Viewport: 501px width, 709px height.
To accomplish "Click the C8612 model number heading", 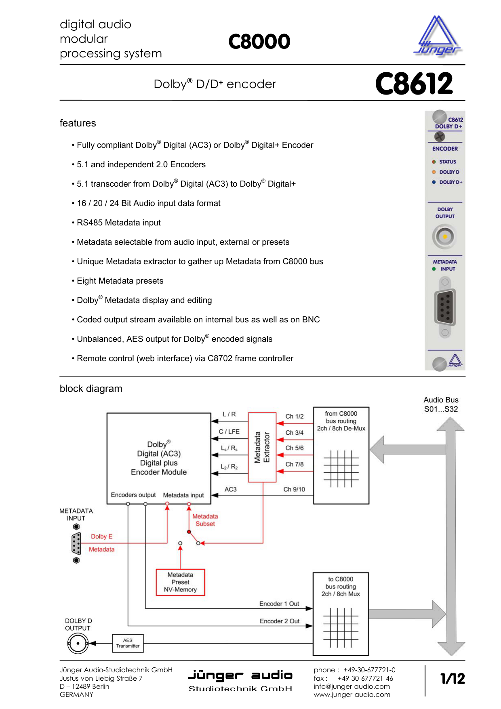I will [414, 84].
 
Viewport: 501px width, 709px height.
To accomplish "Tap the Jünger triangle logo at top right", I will [437, 36].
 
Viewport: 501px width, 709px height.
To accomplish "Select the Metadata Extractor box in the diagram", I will [262, 447].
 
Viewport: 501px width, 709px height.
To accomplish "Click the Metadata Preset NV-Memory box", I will [181, 582].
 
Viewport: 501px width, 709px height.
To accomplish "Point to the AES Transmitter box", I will [128, 643].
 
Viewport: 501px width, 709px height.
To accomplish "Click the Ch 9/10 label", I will [294, 489].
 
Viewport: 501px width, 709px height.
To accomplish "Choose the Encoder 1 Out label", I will [279, 604].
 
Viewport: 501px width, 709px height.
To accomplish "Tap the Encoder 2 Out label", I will [280, 621].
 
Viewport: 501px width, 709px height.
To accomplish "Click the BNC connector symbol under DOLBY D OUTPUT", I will [78, 643].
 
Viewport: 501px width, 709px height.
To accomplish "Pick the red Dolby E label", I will [101, 536].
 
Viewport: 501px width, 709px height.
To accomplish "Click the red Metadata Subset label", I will [205, 520].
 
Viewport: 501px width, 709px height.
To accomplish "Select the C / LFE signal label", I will [229, 431].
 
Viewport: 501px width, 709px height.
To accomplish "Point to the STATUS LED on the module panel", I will [434, 162].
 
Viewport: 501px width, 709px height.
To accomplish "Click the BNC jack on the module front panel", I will [444, 237].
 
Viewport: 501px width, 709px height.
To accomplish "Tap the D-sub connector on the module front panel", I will [445, 307].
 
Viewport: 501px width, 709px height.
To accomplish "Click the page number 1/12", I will [453, 679].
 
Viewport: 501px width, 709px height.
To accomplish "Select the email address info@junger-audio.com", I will [352, 686].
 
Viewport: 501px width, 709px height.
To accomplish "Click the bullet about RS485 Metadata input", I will [119, 223].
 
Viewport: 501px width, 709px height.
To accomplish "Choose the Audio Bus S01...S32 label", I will [441, 404].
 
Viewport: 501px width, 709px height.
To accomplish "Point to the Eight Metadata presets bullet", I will [120, 281].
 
